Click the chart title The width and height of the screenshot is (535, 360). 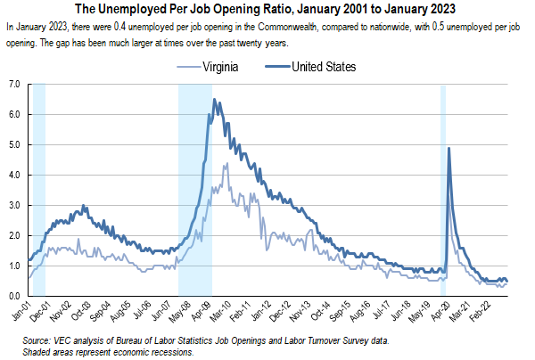click(267, 11)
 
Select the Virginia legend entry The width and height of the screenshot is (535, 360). click(224, 67)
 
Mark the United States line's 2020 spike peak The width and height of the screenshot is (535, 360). click(448, 149)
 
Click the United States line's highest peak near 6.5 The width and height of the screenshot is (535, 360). click(214, 100)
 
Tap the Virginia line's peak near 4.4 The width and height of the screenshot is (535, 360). click(226, 164)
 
